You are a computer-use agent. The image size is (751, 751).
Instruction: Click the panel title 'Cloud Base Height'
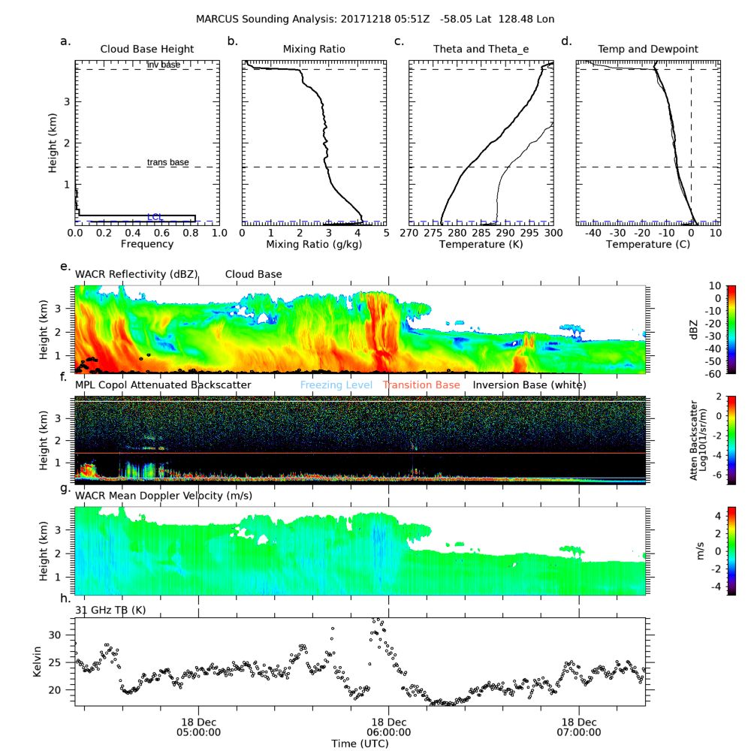pos(147,49)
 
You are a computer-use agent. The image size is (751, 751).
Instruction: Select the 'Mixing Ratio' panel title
pos(314,49)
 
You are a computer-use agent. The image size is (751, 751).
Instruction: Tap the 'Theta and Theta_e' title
pos(481,49)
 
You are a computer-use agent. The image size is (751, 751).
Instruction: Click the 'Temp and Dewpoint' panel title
pos(647,49)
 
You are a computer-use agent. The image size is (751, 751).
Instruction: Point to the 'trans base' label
pos(167,162)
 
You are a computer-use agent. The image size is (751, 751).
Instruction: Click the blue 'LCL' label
pos(155,217)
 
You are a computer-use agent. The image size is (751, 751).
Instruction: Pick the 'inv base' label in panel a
pos(164,65)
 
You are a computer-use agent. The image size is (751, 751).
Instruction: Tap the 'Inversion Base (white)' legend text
pos(529,385)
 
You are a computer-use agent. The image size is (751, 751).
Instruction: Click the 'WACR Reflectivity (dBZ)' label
pos(136,275)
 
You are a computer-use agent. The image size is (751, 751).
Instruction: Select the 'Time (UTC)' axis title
pos(360,743)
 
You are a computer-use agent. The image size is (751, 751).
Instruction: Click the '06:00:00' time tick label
pos(389,731)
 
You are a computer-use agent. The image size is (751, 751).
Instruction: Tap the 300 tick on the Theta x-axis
pos(553,234)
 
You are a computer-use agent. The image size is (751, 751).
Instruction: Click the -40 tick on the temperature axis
pos(593,234)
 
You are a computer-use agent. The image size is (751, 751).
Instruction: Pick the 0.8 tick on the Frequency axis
pos(190,234)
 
